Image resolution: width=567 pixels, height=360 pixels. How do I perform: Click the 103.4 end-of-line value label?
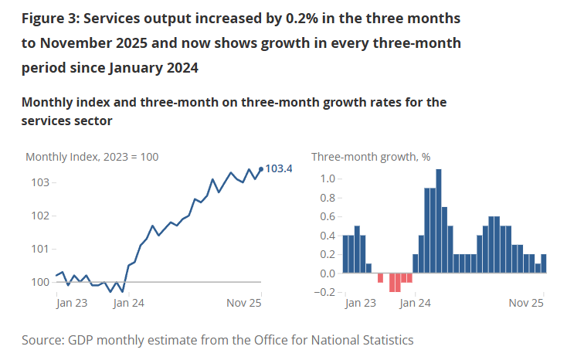[x=279, y=168]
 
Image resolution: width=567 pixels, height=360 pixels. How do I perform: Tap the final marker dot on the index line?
[x=261, y=168]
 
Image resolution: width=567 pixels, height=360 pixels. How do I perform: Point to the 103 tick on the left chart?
[x=41, y=182]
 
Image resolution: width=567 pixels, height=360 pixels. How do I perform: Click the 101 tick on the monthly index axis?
[x=41, y=249]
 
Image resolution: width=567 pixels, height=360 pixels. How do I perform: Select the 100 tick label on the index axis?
[x=41, y=282]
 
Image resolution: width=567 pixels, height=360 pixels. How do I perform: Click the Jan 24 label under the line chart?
[x=129, y=304]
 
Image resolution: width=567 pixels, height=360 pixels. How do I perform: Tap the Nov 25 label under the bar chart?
[x=528, y=304]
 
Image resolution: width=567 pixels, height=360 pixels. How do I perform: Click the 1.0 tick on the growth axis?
[x=328, y=179]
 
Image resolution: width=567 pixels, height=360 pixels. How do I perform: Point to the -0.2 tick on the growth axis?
[x=326, y=292]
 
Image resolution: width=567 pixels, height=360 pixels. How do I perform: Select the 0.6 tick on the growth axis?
[x=328, y=217]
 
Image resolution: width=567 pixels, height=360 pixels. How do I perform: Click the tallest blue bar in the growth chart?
[x=439, y=221]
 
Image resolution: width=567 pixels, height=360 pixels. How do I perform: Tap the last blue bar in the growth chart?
[x=544, y=263]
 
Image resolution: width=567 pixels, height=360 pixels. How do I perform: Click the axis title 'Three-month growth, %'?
[x=371, y=157]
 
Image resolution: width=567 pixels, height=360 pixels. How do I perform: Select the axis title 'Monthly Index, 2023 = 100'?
[x=92, y=157]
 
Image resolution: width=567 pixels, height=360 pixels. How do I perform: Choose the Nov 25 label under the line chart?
[x=243, y=304]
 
